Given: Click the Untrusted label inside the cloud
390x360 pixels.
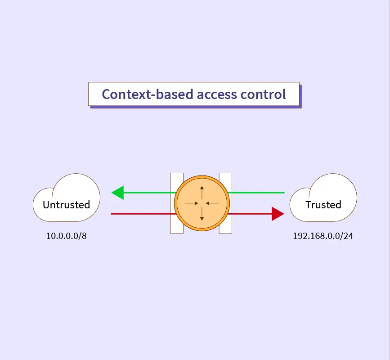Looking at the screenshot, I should (66, 205).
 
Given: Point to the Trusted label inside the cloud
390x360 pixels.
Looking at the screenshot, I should (323, 205).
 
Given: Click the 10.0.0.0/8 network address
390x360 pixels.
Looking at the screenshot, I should (66, 236).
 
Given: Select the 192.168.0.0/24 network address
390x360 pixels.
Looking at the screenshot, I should (323, 236).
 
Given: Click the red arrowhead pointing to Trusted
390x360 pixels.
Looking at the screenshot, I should (278, 214).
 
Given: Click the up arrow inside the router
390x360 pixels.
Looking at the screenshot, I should (202, 192).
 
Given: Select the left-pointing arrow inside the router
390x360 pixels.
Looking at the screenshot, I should (212, 203).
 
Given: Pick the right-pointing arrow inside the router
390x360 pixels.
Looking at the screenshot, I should (192, 203).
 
